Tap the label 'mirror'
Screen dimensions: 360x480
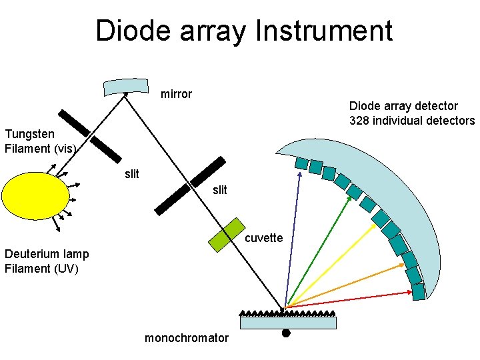(x=176, y=94)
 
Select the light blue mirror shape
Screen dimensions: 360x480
(x=126, y=87)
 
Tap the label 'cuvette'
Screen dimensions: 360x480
(x=265, y=238)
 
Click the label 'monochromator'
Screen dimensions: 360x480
(x=186, y=338)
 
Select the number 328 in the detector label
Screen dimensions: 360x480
(x=359, y=121)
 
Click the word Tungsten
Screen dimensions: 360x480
(x=29, y=134)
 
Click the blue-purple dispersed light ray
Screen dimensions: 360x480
(x=293, y=240)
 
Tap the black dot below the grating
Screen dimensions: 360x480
(x=285, y=333)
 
